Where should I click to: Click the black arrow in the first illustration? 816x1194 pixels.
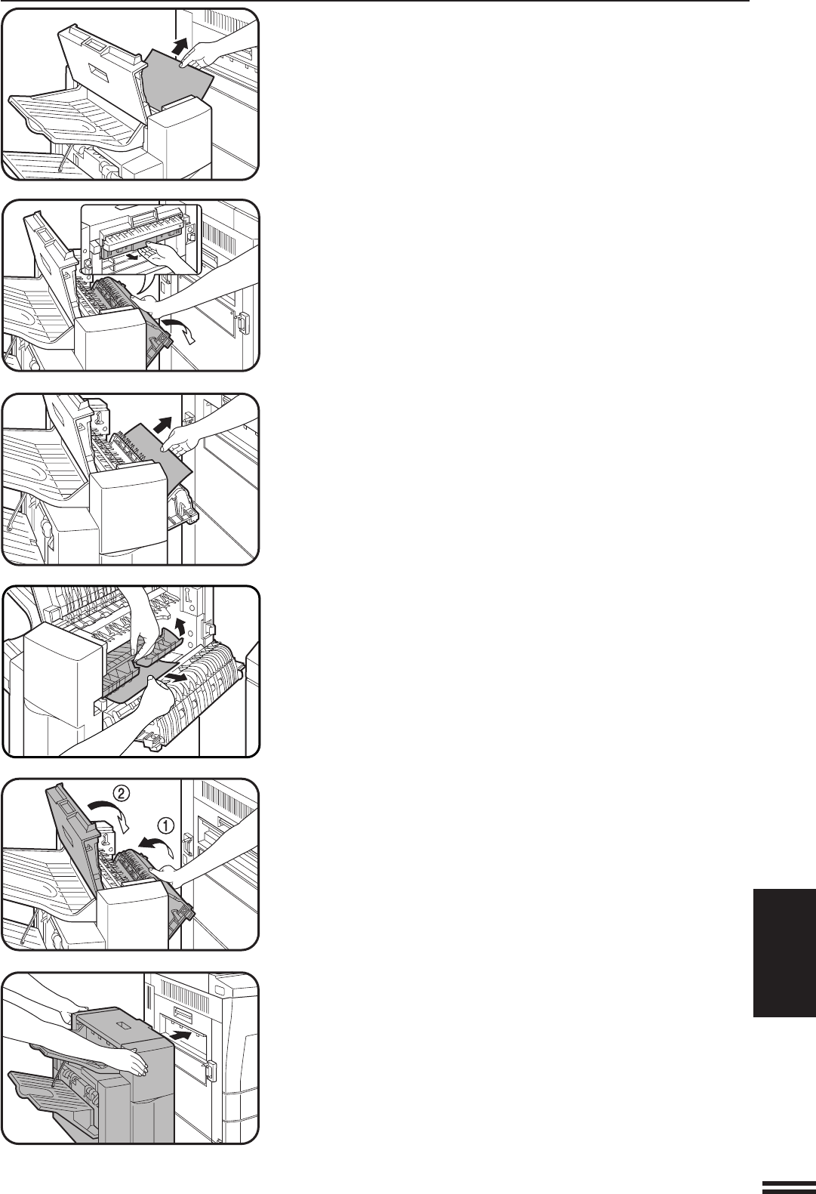(x=180, y=46)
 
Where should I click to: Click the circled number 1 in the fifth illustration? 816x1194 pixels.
(x=165, y=825)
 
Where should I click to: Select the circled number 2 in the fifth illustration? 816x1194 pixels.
(x=122, y=794)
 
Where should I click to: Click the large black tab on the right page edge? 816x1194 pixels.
(x=784, y=953)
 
